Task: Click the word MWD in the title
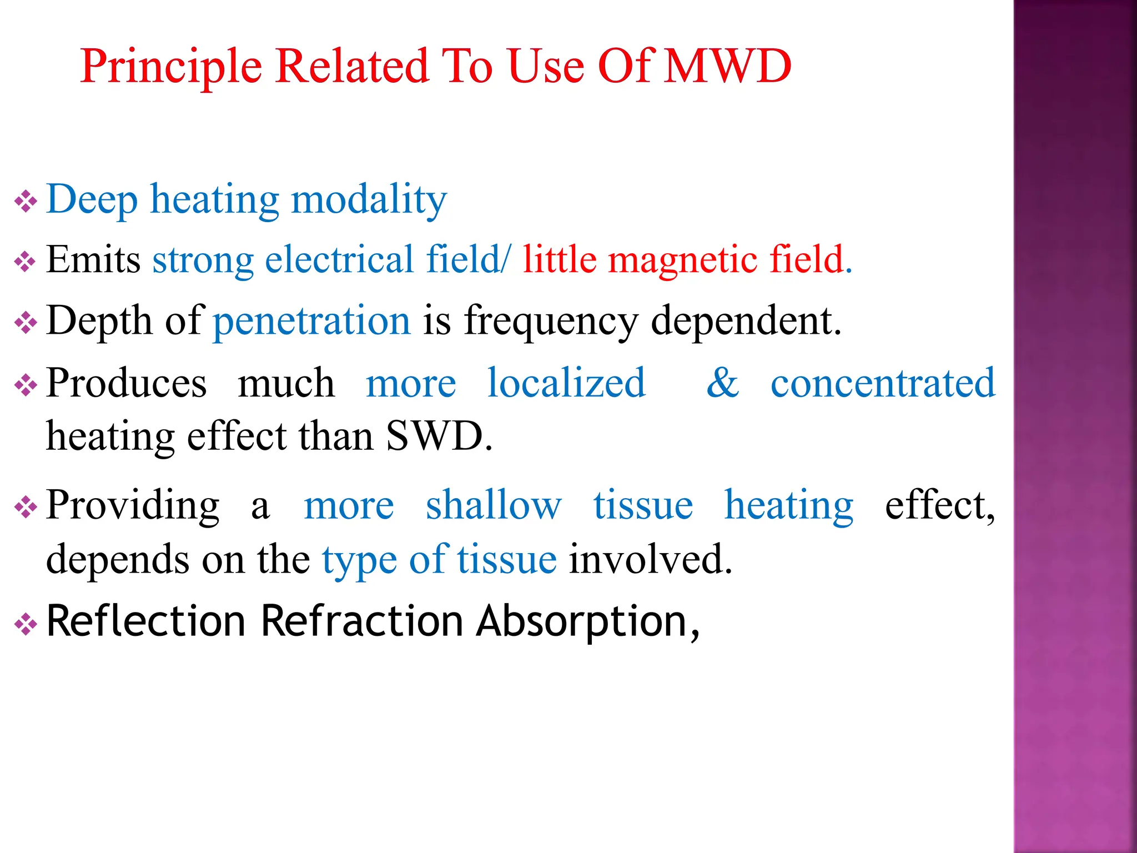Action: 727,66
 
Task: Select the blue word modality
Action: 369,200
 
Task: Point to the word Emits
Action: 93,260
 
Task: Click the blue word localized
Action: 566,383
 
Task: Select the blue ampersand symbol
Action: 722,383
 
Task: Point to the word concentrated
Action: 883,383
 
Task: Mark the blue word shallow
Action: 494,505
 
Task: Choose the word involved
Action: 650,560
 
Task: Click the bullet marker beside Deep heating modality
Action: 26,201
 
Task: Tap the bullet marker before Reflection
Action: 26,625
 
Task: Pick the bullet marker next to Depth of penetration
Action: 26,323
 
